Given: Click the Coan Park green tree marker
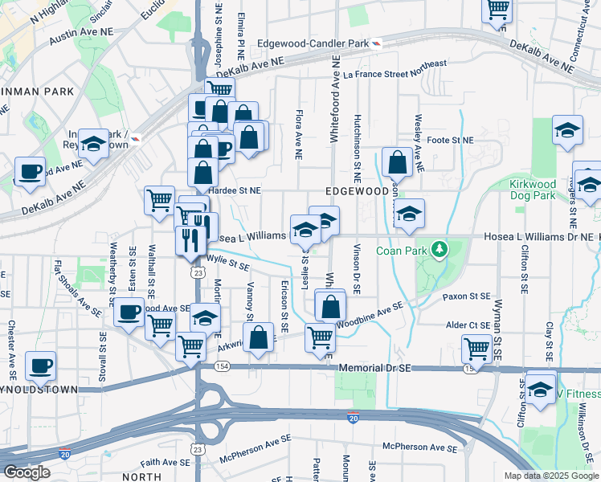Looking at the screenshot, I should click(439, 250).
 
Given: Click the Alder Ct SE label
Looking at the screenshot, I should click(468, 325).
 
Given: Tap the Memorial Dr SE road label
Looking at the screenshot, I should click(375, 367).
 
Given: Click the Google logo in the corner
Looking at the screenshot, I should click(27, 472).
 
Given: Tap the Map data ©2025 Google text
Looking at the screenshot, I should click(551, 476).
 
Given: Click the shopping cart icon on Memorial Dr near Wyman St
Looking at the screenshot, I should click(476, 349).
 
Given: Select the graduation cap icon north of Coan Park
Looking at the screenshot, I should click(409, 214).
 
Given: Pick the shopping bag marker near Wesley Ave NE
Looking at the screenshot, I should click(397, 162).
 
